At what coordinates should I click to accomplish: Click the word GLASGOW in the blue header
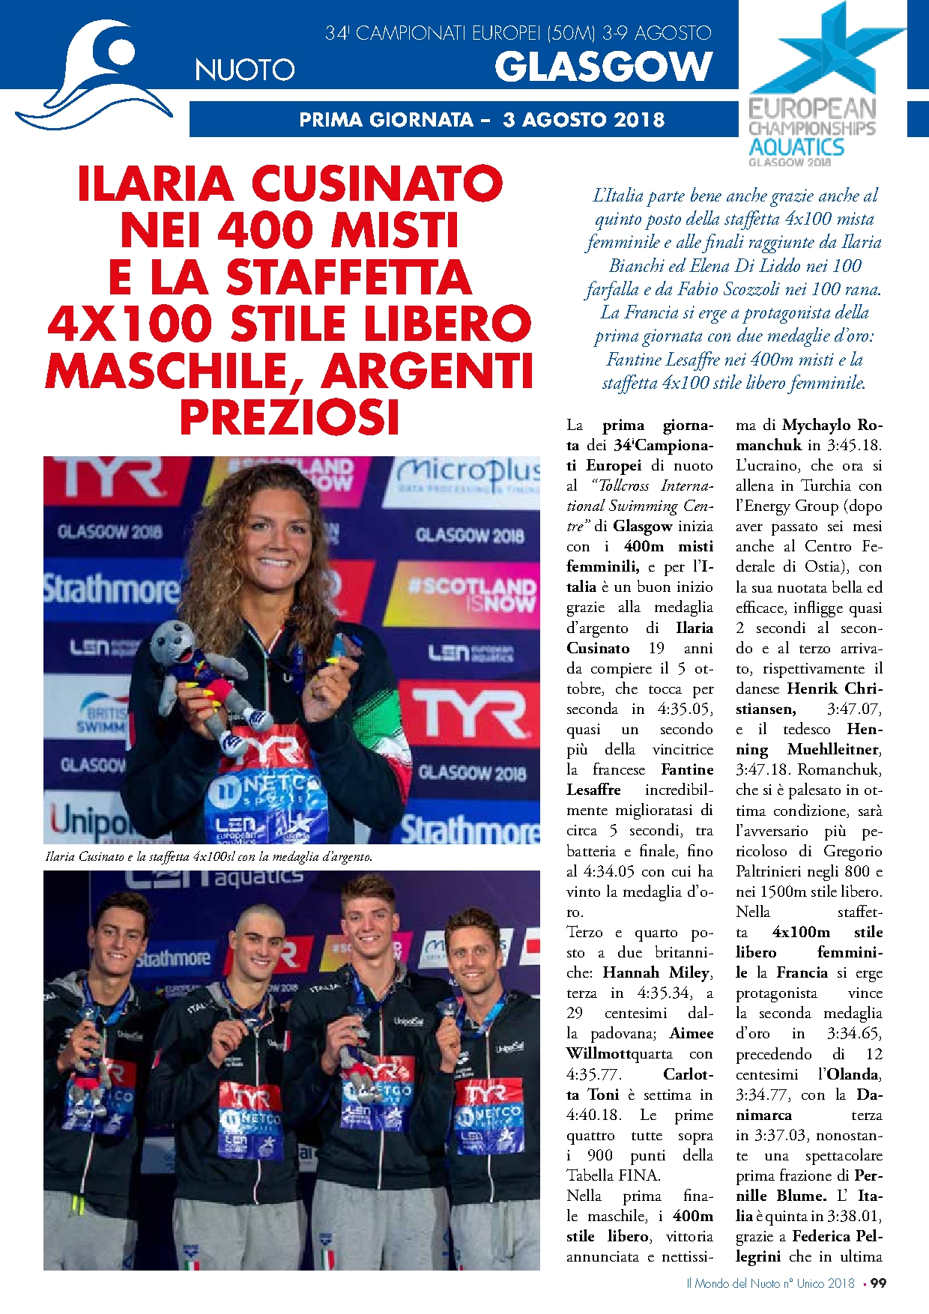(603, 67)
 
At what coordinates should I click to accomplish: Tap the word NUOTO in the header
(245, 70)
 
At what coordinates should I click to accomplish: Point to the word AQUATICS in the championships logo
(796, 147)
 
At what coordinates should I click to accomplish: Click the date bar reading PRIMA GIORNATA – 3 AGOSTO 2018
(481, 120)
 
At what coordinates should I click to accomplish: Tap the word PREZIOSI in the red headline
(289, 417)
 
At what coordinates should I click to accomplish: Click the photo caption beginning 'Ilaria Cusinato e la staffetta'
(209, 856)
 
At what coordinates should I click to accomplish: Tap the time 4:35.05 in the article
(686, 709)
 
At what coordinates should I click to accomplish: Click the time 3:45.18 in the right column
(855, 445)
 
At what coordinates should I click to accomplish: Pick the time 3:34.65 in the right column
(853, 1033)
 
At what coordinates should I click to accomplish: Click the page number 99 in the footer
(878, 1283)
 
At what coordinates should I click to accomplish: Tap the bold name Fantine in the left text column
(687, 769)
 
